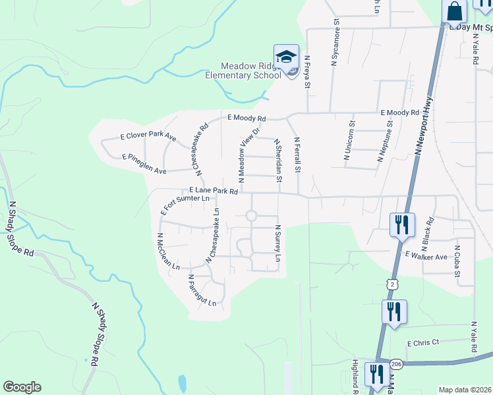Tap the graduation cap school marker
tap(287, 57)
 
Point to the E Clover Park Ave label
tap(148, 137)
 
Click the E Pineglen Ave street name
tap(144, 164)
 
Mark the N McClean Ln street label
tap(168, 251)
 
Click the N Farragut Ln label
tap(202, 291)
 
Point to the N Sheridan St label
tap(279, 159)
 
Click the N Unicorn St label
tap(350, 142)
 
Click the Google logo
tap(22, 387)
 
